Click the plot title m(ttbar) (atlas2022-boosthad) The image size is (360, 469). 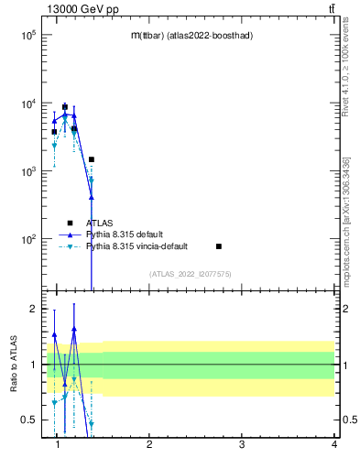pos(191,35)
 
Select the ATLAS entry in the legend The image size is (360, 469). pos(100,222)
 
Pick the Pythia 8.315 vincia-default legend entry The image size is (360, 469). pos(136,246)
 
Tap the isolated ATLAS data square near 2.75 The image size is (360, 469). pos(219,246)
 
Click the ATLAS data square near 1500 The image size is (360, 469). pos(92,159)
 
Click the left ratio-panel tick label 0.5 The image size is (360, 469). pos(28,420)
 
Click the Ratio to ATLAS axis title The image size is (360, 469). pos(14,364)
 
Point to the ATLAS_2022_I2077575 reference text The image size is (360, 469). pos(191,273)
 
